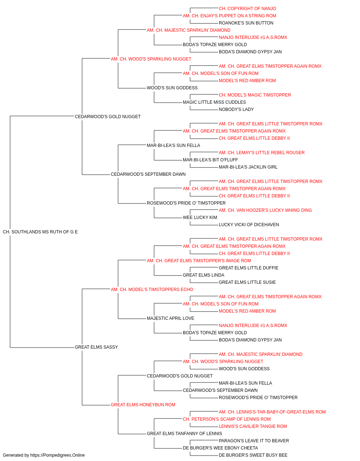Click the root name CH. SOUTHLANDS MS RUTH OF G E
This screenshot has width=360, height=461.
click(40, 232)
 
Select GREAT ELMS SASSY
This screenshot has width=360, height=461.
click(96, 347)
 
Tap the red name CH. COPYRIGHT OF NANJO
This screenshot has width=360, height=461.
click(247, 9)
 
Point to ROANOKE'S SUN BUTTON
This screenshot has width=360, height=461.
click(246, 23)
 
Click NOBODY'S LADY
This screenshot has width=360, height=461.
click(236, 109)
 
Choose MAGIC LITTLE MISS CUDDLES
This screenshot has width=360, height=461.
click(214, 102)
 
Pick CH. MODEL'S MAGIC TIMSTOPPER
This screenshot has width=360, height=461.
click(255, 95)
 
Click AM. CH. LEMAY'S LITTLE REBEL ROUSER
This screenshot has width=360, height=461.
click(262, 153)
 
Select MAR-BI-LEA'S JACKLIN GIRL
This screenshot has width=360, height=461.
click(248, 167)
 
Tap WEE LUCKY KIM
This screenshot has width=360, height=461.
click(200, 218)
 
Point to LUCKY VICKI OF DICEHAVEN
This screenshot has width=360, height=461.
click(249, 225)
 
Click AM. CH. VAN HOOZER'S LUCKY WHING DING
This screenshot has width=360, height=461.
click(265, 210)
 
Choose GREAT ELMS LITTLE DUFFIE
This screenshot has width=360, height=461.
click(248, 268)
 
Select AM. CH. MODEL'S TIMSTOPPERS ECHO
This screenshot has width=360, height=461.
click(152, 289)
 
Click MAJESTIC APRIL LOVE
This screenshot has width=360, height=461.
click(170, 318)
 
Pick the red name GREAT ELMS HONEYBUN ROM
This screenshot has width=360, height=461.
click(143, 404)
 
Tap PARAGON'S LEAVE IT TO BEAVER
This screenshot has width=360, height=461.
click(254, 440)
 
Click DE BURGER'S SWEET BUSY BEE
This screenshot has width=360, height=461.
click(253, 455)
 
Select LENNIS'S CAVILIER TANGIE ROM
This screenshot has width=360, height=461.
click(253, 426)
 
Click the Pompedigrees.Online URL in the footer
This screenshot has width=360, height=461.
click(57, 455)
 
